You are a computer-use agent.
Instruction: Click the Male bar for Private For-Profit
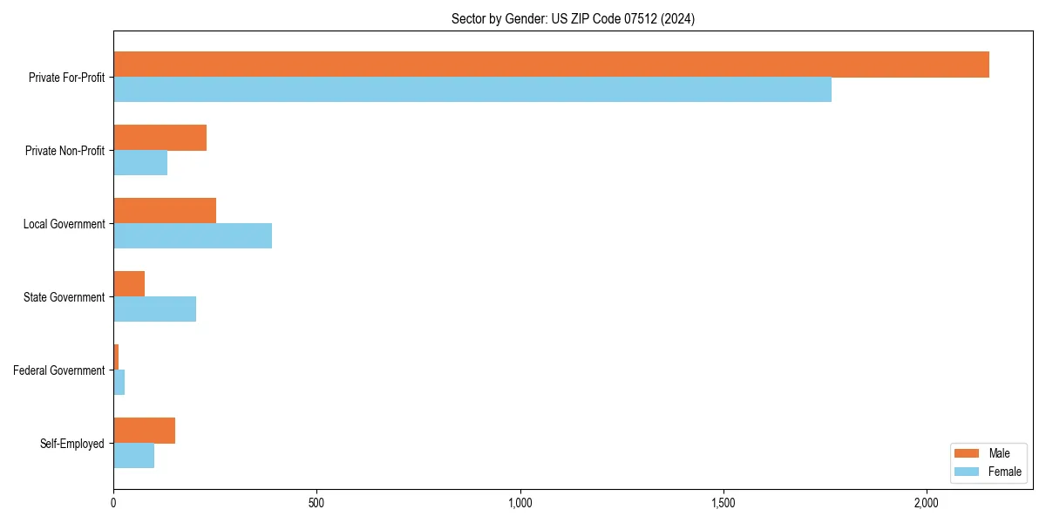coord(551,65)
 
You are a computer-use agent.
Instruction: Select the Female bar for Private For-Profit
coord(472,90)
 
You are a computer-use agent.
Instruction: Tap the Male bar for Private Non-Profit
coord(160,138)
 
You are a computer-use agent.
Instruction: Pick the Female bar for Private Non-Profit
coord(140,163)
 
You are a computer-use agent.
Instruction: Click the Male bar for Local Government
coord(165,211)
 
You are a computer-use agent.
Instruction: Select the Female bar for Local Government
coord(193,236)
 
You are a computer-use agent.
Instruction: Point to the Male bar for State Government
coord(129,284)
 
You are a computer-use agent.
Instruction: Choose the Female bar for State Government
coord(154,309)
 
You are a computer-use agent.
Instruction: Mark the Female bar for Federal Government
coord(119,383)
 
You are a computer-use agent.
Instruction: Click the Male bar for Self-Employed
coord(144,431)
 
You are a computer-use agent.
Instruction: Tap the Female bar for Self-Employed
coord(133,456)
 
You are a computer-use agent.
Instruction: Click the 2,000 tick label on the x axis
coord(927,503)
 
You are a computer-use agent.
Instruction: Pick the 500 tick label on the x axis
coord(316,503)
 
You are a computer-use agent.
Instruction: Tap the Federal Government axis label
coord(59,370)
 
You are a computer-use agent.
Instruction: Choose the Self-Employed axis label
coord(72,444)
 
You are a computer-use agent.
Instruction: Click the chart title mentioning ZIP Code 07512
coord(573,18)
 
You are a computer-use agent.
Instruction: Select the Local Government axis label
coord(65,224)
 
